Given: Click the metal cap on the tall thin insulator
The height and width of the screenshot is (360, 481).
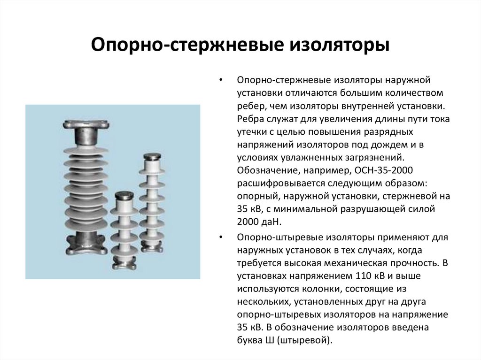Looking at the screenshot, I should point(153,157).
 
